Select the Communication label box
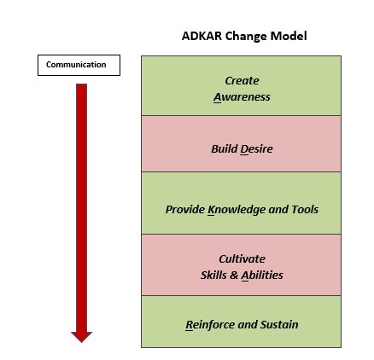tap(79, 65)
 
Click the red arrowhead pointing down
tap(81, 337)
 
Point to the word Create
tap(242, 81)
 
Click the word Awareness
tap(242, 97)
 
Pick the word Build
tap(225, 148)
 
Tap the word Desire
tap(256, 148)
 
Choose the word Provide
tap(185, 210)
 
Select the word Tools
tap(305, 210)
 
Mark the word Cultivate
tap(242, 259)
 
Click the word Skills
tap(213, 276)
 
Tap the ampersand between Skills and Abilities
tap(234, 276)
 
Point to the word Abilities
tap(262, 276)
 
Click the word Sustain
tap(279, 325)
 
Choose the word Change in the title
tap(246, 37)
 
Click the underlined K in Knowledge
tap(211, 210)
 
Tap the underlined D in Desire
tap(244, 149)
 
